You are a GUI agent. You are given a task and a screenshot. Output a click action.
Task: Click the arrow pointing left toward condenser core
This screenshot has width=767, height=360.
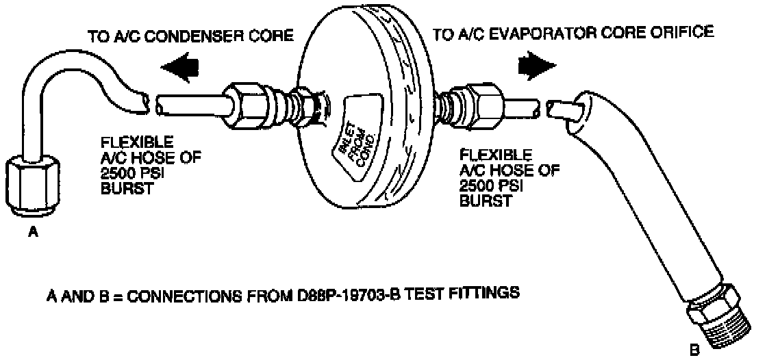pos(182,67)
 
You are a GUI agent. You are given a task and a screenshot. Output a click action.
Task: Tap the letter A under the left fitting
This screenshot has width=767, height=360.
pos(32,232)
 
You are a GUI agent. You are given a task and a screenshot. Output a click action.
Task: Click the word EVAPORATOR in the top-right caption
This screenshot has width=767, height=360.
pos(553,32)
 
